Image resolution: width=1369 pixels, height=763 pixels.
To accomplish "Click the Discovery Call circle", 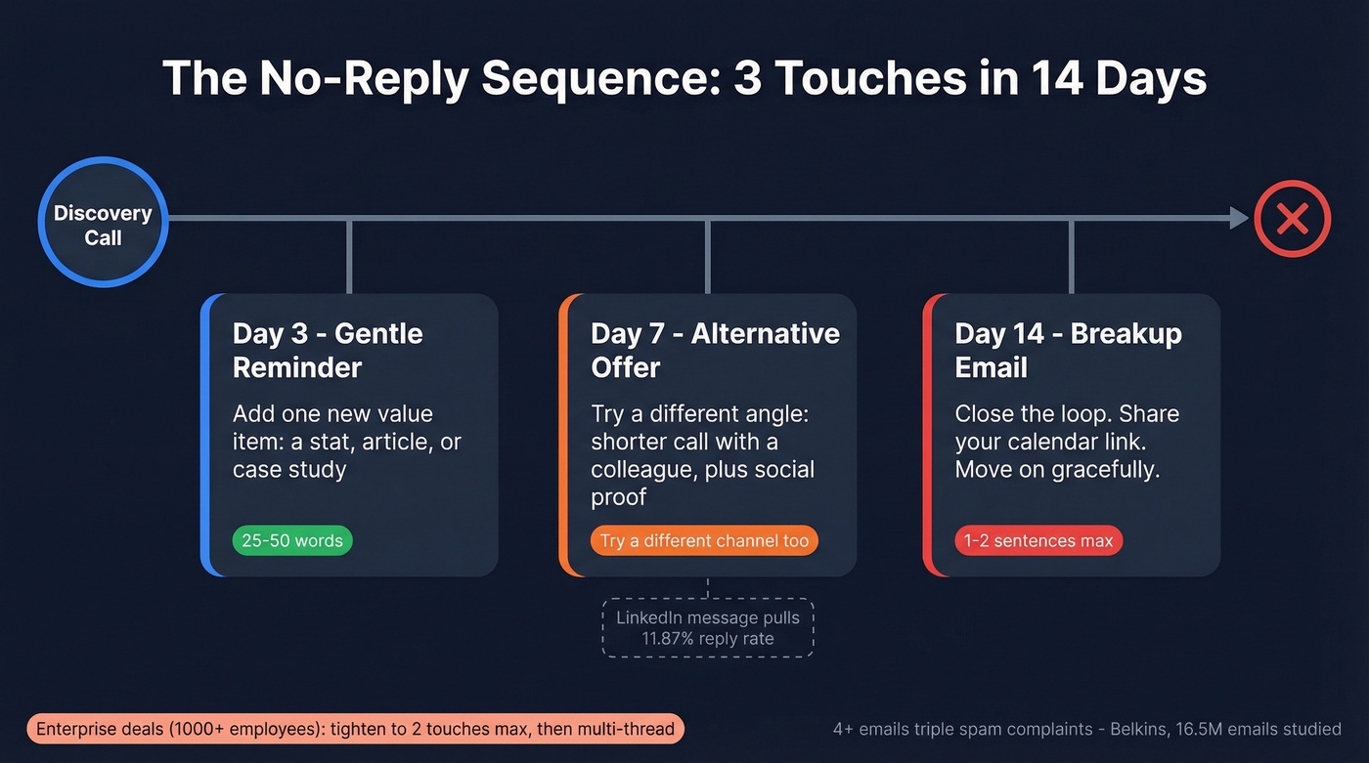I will pyautogui.click(x=103, y=224).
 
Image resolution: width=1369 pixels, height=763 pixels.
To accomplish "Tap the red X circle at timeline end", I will pyautogui.click(x=1292, y=218).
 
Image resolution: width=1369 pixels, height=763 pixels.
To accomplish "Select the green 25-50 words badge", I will pyautogui.click(x=291, y=540).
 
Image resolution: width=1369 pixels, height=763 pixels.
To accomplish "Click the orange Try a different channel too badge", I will pyautogui.click(x=704, y=540).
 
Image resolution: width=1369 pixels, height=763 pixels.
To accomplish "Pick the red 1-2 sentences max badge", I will pyautogui.click(x=1038, y=540).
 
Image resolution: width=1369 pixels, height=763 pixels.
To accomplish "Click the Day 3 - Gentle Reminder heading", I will pyautogui.click(x=327, y=350).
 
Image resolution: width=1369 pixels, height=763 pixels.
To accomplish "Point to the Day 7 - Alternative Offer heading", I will pyautogui.click(x=714, y=350).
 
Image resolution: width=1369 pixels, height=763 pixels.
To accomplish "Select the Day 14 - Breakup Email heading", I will pyautogui.click(x=1068, y=350).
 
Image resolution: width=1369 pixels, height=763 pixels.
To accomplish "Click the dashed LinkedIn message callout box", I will pyautogui.click(x=707, y=628).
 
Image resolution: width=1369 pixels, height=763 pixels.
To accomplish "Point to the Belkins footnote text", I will pyautogui.click(x=1086, y=729).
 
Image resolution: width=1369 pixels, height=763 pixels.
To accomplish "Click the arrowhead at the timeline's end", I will pyautogui.click(x=1239, y=218).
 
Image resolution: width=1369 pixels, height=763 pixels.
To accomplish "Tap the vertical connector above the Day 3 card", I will pyautogui.click(x=349, y=256).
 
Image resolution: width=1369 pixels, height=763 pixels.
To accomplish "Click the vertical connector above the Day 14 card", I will pyautogui.click(x=1072, y=256).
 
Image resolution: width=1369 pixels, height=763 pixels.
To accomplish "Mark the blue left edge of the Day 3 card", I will pyautogui.click(x=205, y=435).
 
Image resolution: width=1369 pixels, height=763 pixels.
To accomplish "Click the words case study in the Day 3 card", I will pyautogui.click(x=289, y=470).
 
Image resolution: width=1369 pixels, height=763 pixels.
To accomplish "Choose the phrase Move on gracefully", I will pyautogui.click(x=1057, y=470).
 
